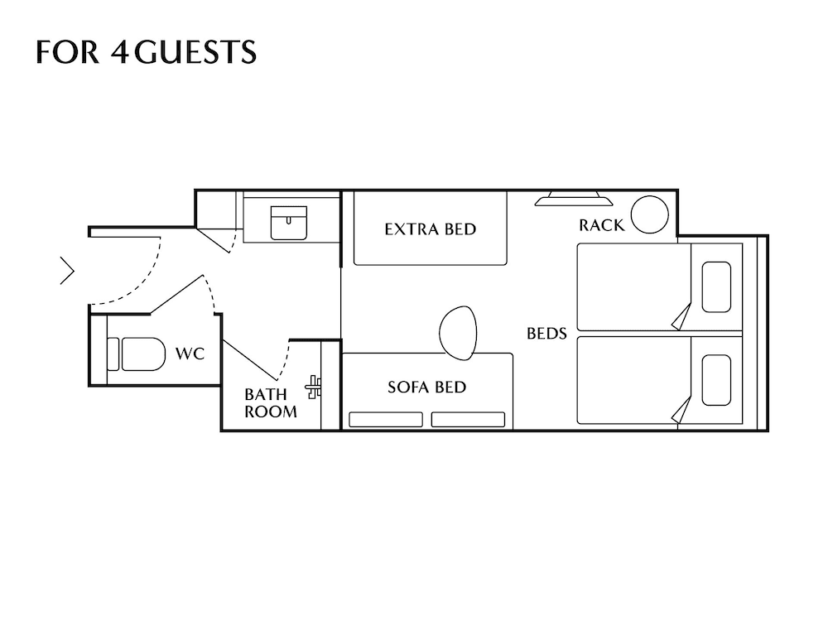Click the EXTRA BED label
click(431, 229)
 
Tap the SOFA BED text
click(426, 387)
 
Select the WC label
click(190, 354)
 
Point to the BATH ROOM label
click(271, 403)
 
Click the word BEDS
click(546, 333)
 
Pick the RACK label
click(601, 225)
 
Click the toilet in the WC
click(137, 354)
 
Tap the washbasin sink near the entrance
click(288, 223)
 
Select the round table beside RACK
click(649, 214)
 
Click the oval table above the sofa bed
click(458, 333)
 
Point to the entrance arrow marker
click(67, 271)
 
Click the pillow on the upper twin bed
click(716, 286)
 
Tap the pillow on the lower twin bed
click(716, 380)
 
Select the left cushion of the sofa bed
click(386, 419)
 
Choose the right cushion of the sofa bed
click(468, 419)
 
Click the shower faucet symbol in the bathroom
click(314, 387)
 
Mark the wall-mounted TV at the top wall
click(574, 199)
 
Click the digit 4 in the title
click(120, 51)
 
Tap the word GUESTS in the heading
click(195, 51)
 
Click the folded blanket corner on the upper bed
click(681, 317)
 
